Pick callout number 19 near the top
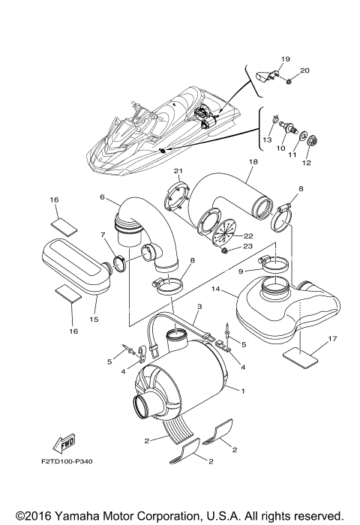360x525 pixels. coord(285,58)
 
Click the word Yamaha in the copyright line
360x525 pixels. coord(73,516)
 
